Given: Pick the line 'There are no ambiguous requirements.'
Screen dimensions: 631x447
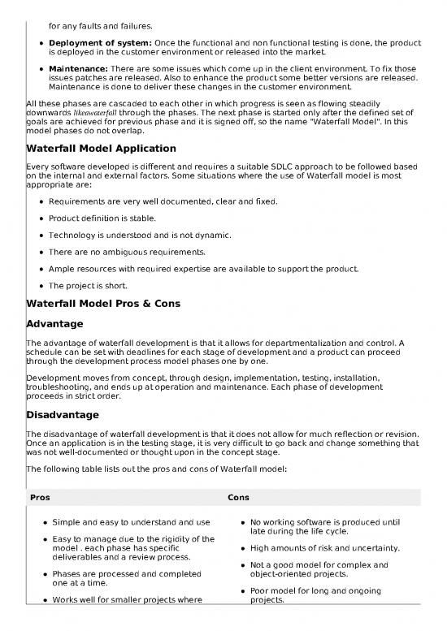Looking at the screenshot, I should (126, 252).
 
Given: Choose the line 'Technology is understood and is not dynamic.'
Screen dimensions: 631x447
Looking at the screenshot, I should (139, 235).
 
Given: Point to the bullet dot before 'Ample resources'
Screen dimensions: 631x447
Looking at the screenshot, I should (40, 269).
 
